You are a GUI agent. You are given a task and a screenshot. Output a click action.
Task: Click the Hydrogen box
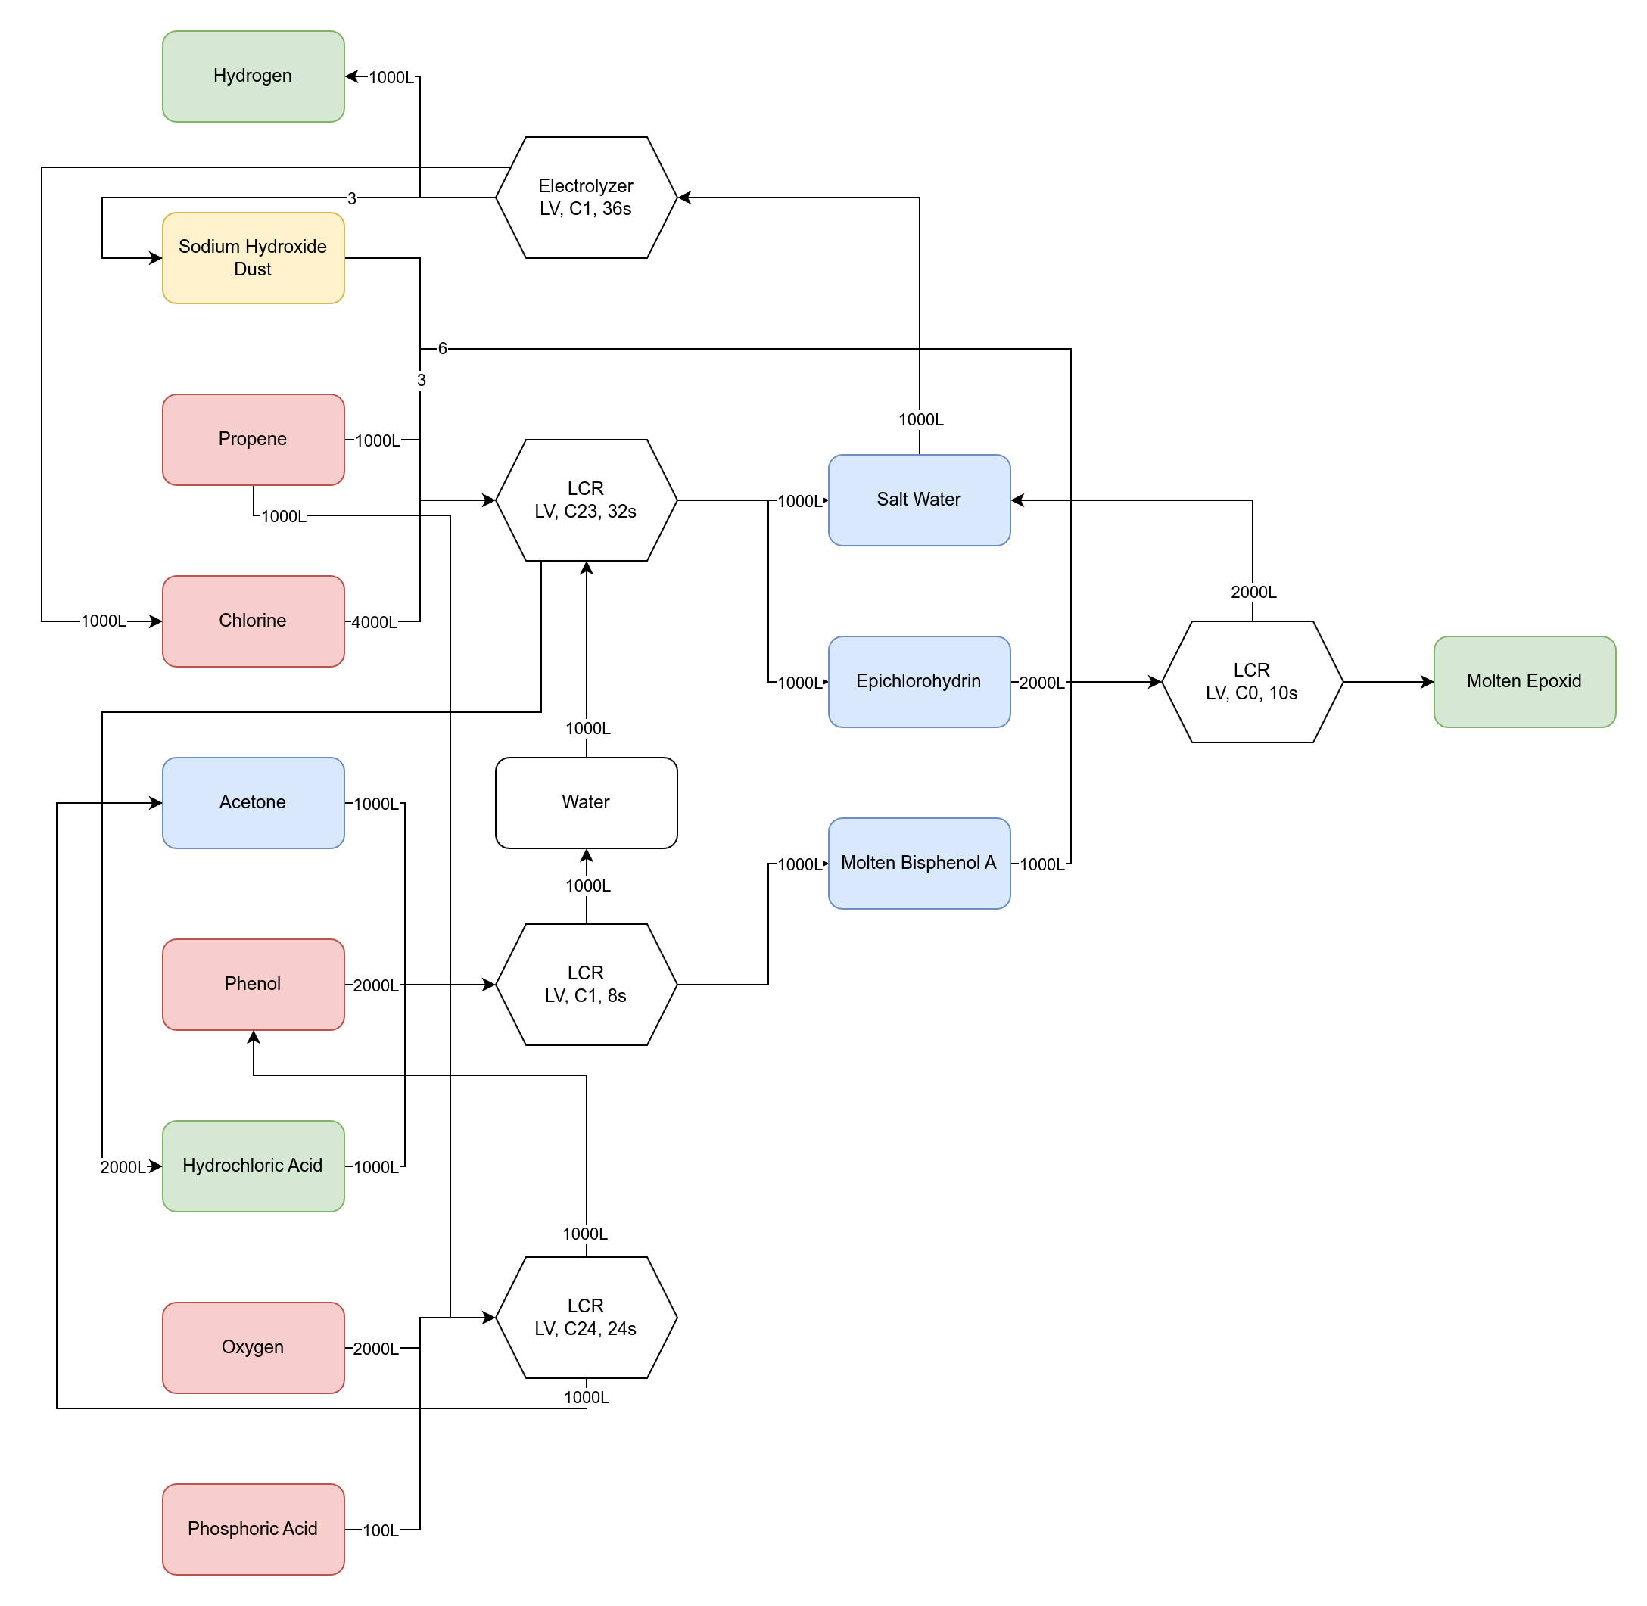(253, 76)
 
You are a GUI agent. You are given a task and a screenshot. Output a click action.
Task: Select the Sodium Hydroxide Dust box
(253, 258)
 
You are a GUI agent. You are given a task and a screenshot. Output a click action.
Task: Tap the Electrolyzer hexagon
(586, 198)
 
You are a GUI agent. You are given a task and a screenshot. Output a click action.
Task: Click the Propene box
(253, 440)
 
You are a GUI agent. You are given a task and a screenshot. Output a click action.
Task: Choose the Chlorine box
(253, 621)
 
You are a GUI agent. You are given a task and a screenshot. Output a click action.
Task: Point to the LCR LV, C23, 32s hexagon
(586, 500)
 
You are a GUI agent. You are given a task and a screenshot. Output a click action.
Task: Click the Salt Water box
(919, 500)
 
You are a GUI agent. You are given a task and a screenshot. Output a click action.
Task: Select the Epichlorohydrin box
(919, 682)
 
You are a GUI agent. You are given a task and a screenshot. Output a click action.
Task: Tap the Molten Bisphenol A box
(919, 863)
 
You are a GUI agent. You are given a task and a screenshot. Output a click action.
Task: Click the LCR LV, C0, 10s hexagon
(1251, 682)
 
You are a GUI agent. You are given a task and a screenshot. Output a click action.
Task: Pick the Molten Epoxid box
(1524, 682)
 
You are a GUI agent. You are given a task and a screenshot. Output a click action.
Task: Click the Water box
(586, 802)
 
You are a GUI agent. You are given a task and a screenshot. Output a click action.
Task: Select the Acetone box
(253, 802)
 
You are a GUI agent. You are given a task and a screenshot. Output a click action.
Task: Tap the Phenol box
(253, 985)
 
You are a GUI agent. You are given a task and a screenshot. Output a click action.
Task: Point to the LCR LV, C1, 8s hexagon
(586, 985)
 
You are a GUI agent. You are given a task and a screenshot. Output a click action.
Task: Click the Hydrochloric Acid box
(253, 1166)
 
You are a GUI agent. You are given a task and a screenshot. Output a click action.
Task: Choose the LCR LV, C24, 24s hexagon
(586, 1317)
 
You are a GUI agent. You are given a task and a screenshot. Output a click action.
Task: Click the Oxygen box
(253, 1347)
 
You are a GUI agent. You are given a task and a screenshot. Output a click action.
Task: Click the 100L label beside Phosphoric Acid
(381, 1530)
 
